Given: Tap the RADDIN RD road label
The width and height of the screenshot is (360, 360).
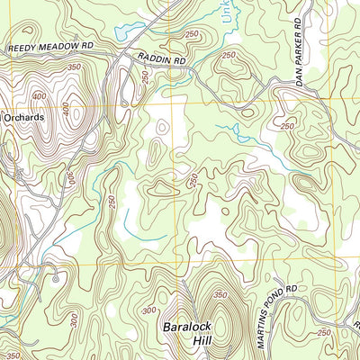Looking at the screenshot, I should point(162,59).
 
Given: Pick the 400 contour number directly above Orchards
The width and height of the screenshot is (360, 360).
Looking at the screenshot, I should point(38,96).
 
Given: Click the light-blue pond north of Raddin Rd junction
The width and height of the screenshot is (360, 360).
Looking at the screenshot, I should point(131,31).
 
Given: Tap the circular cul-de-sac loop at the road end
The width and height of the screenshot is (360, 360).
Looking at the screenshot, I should point(56,279).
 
